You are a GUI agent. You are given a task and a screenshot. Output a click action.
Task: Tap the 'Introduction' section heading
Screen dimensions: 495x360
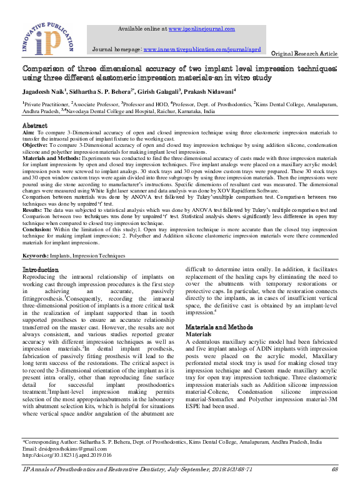(x=40, y=269)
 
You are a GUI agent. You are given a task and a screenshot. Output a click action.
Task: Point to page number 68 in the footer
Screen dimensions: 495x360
(x=334, y=469)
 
